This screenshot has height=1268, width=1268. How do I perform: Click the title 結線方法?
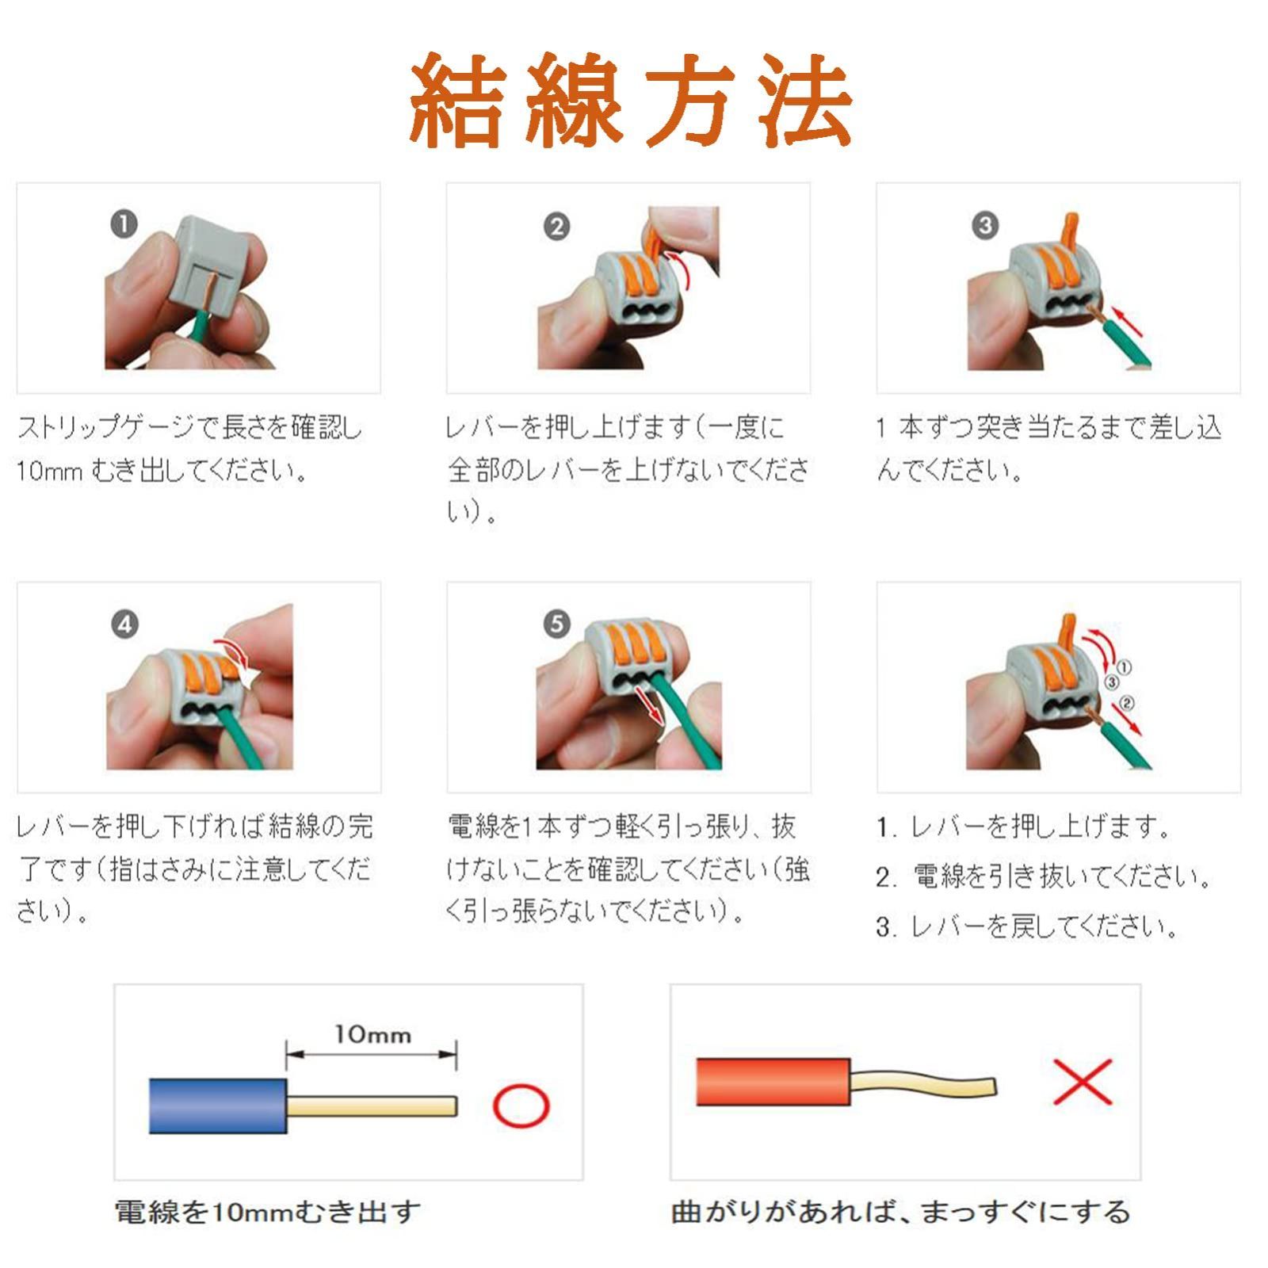pyautogui.click(x=632, y=101)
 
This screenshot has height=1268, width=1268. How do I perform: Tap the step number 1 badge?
pyautogui.click(x=124, y=224)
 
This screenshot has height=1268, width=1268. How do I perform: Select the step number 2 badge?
pyautogui.click(x=556, y=227)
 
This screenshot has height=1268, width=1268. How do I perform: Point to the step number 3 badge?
pyautogui.click(x=985, y=225)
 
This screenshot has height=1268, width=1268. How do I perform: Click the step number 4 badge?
pyautogui.click(x=124, y=624)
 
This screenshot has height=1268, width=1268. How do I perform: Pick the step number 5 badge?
pyautogui.click(x=556, y=624)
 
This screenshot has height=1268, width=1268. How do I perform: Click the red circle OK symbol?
pyautogui.click(x=521, y=1106)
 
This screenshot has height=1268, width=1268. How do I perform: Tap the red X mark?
pyautogui.click(x=1083, y=1081)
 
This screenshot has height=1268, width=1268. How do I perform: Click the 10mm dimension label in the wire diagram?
pyautogui.click(x=372, y=1034)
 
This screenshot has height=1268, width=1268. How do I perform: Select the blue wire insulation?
pyautogui.click(x=218, y=1105)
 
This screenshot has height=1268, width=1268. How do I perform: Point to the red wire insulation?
pyautogui.click(x=773, y=1082)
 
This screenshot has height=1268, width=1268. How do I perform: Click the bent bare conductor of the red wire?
pyautogui.click(x=924, y=1083)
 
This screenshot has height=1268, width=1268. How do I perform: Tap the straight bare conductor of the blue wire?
pyautogui.click(x=372, y=1106)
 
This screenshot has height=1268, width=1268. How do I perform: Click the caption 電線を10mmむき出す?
pyautogui.click(x=267, y=1212)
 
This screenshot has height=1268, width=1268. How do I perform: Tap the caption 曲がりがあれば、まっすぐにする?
pyautogui.click(x=900, y=1212)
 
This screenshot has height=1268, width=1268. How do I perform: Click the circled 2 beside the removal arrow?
pyautogui.click(x=1128, y=703)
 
